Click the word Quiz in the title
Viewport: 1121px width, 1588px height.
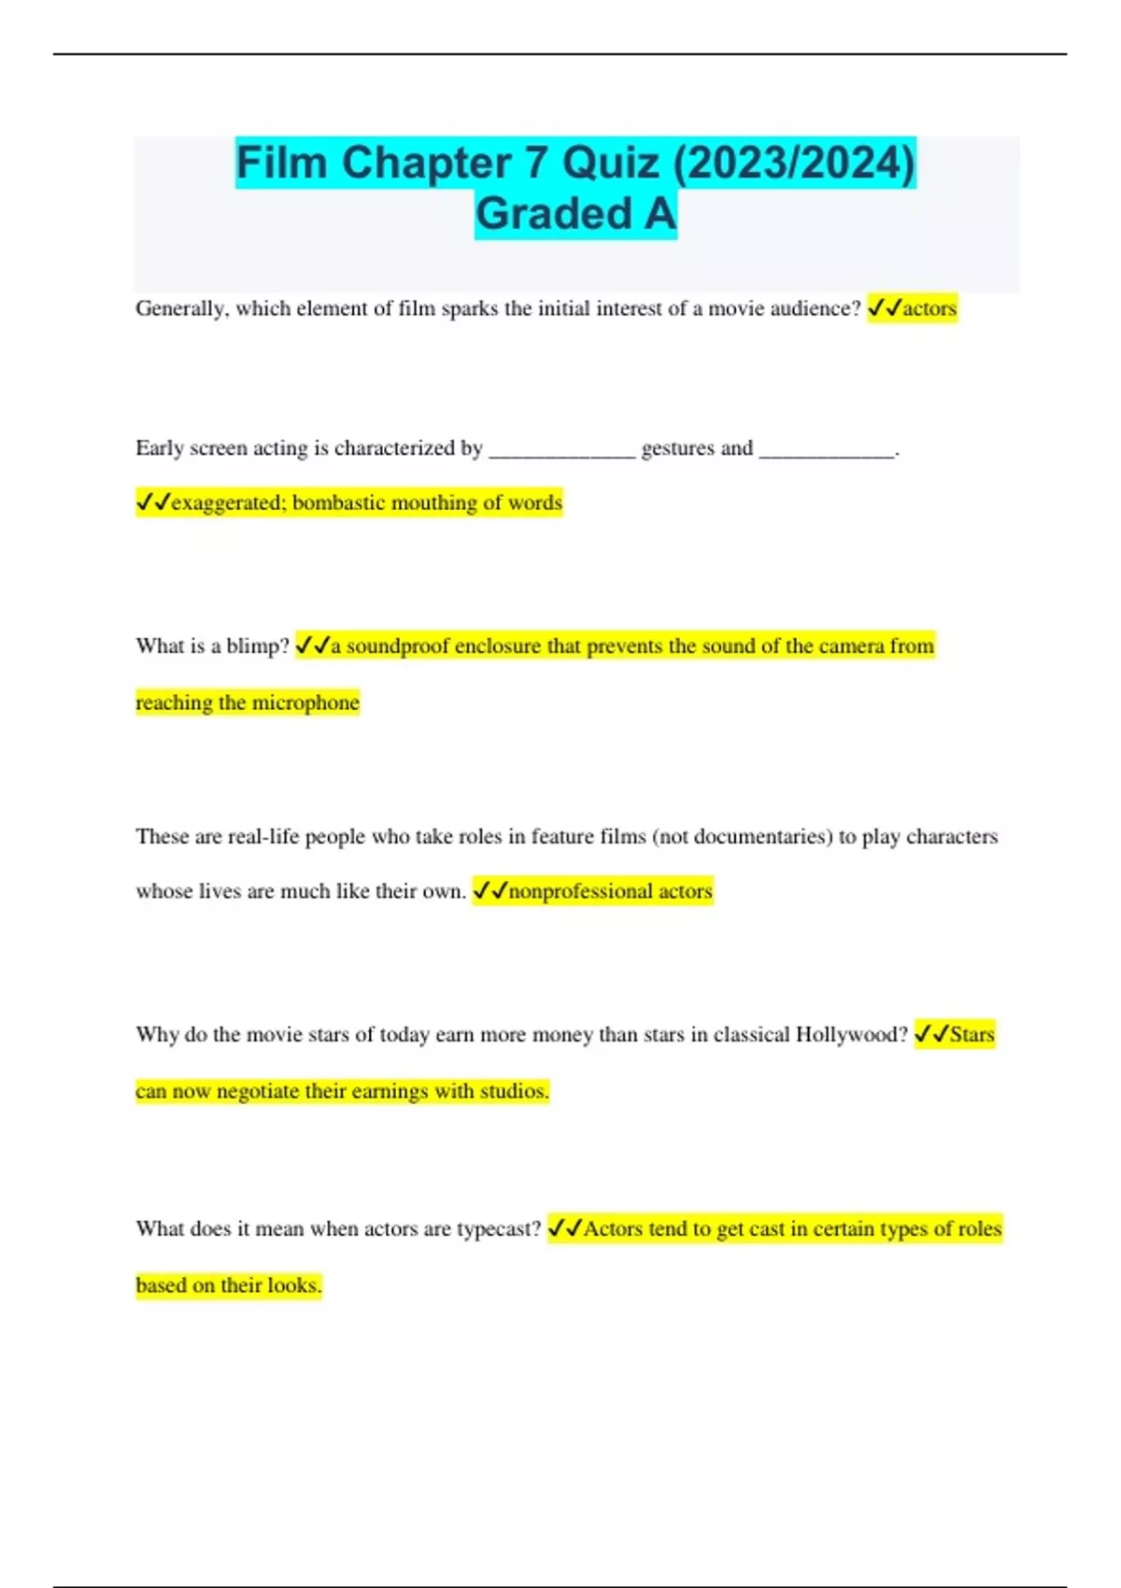[x=610, y=163]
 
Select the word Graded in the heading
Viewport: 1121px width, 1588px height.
[x=554, y=214]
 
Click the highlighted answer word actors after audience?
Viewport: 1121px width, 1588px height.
[x=929, y=308]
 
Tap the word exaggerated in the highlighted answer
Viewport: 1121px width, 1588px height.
[x=228, y=503]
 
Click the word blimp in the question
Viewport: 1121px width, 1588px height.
[x=257, y=645]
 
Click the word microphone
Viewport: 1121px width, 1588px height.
[x=305, y=702]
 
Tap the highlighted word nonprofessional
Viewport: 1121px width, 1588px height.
[x=580, y=891]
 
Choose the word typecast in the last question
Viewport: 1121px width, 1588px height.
[x=498, y=1228]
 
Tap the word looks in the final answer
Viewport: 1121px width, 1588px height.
[x=293, y=1285]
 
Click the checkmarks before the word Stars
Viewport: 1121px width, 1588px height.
[x=931, y=1034]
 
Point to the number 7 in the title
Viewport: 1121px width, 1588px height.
[x=535, y=163]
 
